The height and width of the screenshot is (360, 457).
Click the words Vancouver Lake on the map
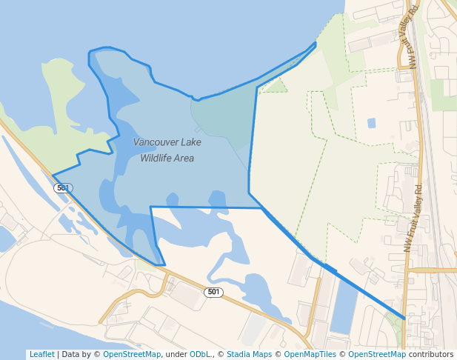pyautogui.click(x=167, y=141)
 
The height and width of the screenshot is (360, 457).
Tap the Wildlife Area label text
pyautogui.click(x=167, y=158)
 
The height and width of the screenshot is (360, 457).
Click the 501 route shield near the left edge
pyautogui.click(x=63, y=188)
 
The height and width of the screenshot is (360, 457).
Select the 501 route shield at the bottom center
pyautogui.click(x=213, y=293)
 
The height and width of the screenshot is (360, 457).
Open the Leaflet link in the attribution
pyautogui.click(x=41, y=354)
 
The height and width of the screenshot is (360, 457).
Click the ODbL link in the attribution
pyautogui.click(x=200, y=354)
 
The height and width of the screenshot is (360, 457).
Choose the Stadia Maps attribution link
pyautogui.click(x=249, y=354)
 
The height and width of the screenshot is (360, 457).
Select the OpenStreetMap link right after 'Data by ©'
pyautogui.click(x=132, y=354)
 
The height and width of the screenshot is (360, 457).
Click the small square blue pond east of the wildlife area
pyautogui.click(x=371, y=123)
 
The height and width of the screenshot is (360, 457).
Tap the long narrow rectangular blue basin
pyautogui.click(x=344, y=304)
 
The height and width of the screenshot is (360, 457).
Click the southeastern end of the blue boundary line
pyautogui.click(x=404, y=319)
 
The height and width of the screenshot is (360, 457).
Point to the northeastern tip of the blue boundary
pyautogui.click(x=315, y=44)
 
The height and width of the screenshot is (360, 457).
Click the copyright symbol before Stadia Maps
pyautogui.click(x=221, y=354)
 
